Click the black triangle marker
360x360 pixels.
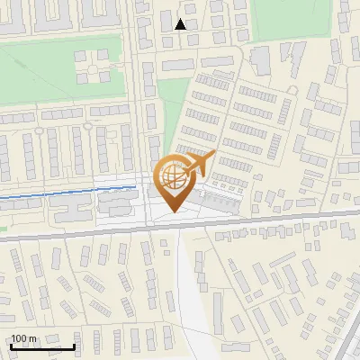coord(181,24)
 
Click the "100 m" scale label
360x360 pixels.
coord(24,338)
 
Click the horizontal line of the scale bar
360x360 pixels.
coord(42,346)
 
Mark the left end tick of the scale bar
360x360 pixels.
coord(12,345)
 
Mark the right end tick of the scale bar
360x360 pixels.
coord(74,345)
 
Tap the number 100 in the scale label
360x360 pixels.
coord(20,338)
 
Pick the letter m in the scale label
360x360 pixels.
coord(32,338)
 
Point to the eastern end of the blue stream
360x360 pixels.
coord(135,187)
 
